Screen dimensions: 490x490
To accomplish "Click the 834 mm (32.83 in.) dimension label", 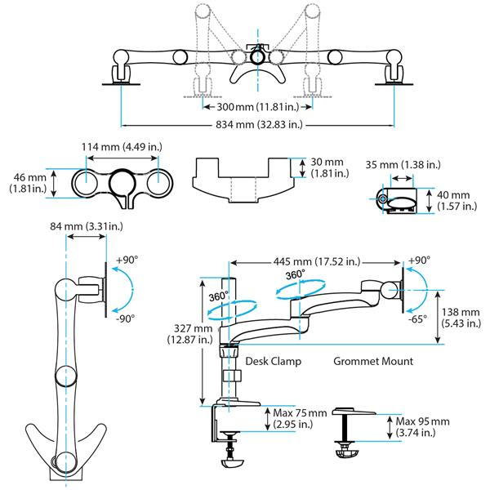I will coord(253,125).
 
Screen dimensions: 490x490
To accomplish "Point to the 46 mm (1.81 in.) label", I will coord(25,183).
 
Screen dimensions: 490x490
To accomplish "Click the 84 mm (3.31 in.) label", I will coord(88,226).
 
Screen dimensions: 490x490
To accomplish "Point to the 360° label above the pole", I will coord(218,297).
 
